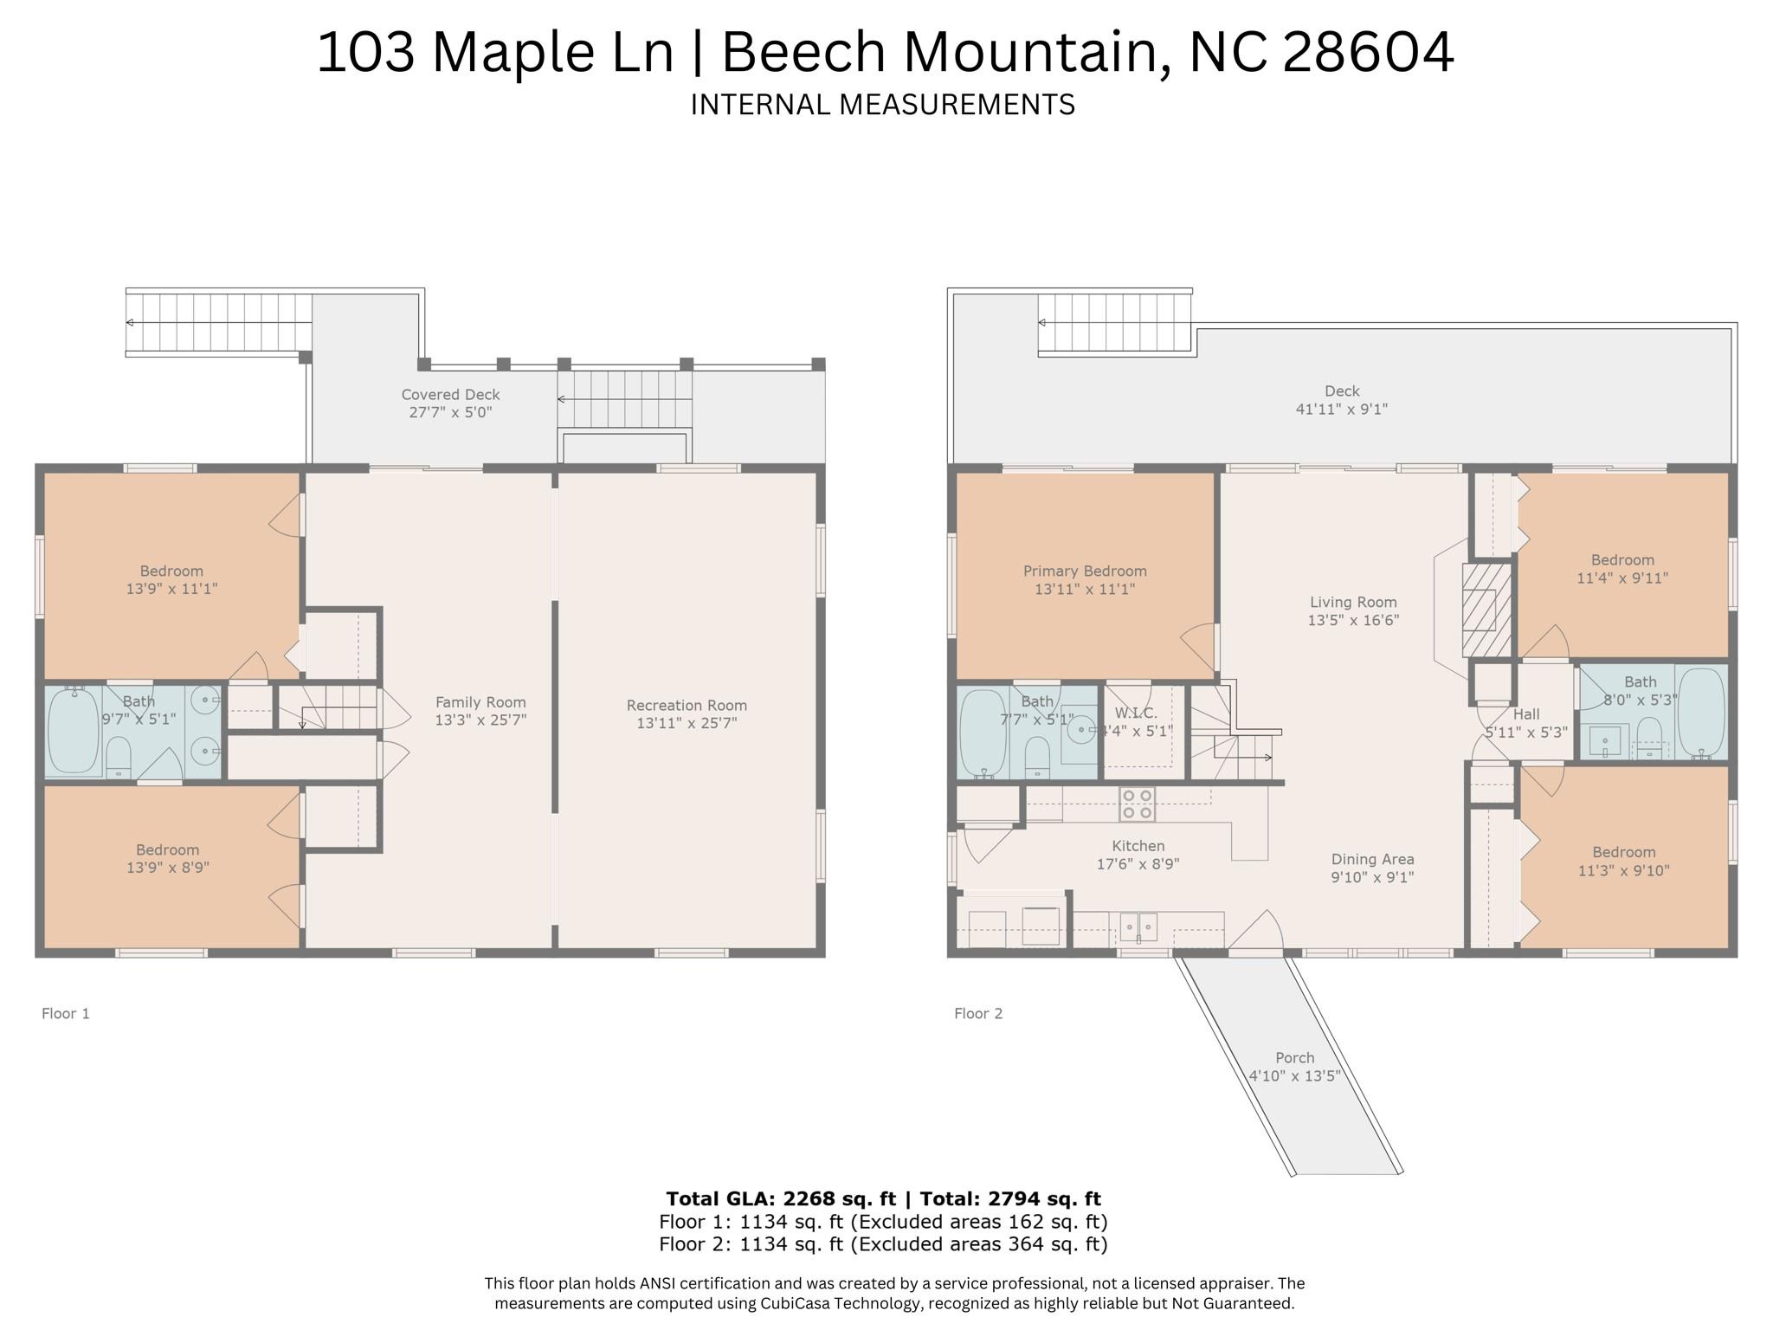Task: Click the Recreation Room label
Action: [x=687, y=706]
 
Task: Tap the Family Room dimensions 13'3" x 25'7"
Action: [x=480, y=720]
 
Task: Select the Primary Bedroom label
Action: [x=1085, y=571]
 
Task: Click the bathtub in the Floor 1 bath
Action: [x=74, y=730]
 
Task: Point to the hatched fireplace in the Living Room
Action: [x=1486, y=610]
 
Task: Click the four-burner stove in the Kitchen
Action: [x=1138, y=804]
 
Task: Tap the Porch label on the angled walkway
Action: [x=1294, y=1058]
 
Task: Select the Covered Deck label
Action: [x=450, y=395]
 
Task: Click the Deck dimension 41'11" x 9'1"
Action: [x=1341, y=410]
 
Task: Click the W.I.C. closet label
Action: [x=1136, y=713]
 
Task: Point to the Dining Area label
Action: [x=1372, y=859]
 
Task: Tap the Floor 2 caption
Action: [x=978, y=1013]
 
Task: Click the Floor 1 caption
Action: [x=66, y=1013]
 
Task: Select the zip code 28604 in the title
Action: [x=1368, y=52]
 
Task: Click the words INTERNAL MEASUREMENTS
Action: [x=882, y=105]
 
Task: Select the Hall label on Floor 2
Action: [x=1526, y=714]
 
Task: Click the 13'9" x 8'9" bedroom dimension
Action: [x=167, y=868]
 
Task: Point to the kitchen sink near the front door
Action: [x=1138, y=927]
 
